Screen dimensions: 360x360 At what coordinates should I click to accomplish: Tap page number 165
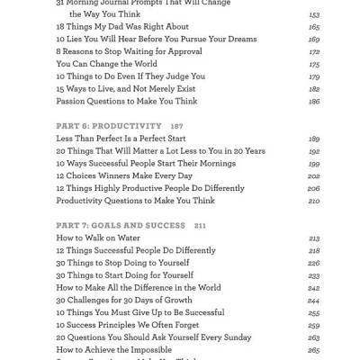pos(314,27)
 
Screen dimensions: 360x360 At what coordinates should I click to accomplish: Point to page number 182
pos(314,89)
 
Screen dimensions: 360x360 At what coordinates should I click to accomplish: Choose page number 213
pos(314,238)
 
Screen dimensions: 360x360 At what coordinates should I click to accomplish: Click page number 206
pos(314,188)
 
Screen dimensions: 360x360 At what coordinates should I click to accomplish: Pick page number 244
pos(314,300)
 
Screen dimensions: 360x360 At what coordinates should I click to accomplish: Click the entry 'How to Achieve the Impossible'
pos(118,349)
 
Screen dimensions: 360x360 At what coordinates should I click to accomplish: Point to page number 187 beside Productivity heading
pos(176,125)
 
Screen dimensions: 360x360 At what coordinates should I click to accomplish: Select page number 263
pos(314,337)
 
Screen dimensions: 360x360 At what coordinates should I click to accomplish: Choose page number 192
pos(314,151)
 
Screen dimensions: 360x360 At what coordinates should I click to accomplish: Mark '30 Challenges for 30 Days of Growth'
pos(123,300)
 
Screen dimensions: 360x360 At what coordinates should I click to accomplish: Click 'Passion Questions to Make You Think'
pos(121,102)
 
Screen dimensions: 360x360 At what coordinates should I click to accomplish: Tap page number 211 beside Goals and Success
pos(200,224)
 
